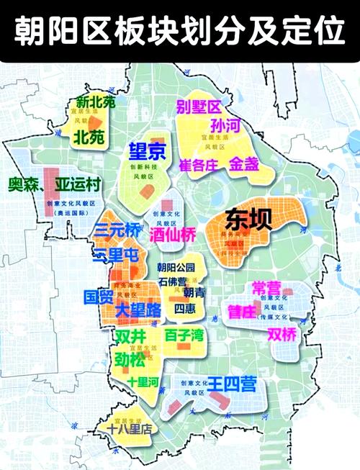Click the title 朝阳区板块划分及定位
pyautogui.click(x=180, y=30)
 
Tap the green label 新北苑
pyautogui.click(x=95, y=103)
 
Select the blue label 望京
pyautogui.click(x=147, y=152)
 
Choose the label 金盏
pyautogui.click(x=243, y=164)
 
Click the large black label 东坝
pyautogui.click(x=248, y=220)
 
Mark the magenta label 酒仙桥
pyautogui.click(x=172, y=235)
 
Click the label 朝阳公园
pyautogui.click(x=176, y=268)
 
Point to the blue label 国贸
pyautogui.click(x=99, y=298)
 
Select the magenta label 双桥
pyautogui.click(x=282, y=335)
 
